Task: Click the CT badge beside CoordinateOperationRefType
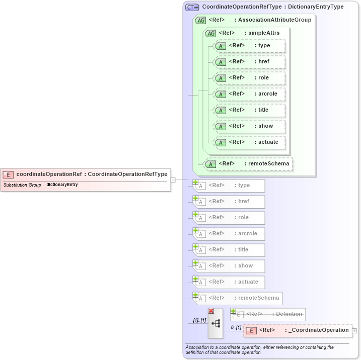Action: click(x=192, y=7)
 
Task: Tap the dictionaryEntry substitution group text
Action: click(x=62, y=185)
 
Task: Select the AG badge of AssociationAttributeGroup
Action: click(x=200, y=20)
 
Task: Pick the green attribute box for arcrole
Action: click(x=250, y=94)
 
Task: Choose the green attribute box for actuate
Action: click(x=250, y=142)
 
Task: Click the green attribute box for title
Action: click(x=250, y=110)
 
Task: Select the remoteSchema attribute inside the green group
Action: click(x=248, y=164)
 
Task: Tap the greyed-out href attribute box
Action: click(x=230, y=202)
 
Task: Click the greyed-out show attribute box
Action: click(x=230, y=266)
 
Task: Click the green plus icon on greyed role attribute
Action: click(x=195, y=215)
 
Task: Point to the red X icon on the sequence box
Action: click(x=211, y=311)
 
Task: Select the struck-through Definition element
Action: click(x=269, y=314)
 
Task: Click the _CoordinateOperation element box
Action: click(x=298, y=330)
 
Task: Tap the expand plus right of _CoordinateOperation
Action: click(x=355, y=331)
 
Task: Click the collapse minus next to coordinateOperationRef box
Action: click(x=173, y=179)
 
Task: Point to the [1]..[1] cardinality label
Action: click(x=199, y=320)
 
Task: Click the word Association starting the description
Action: click(x=198, y=347)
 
